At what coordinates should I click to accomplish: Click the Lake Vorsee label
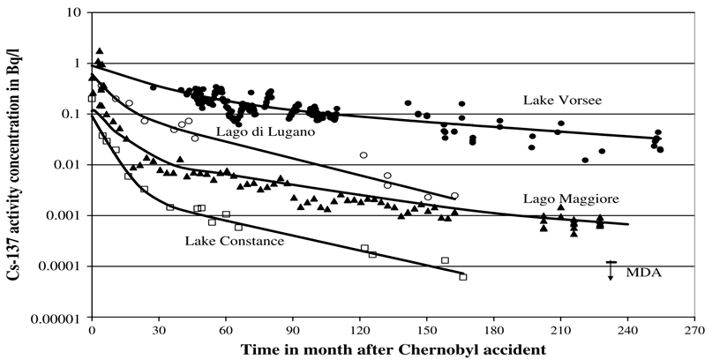[561, 100]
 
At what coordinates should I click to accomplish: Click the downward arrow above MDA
[611, 270]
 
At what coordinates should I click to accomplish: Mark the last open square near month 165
[463, 277]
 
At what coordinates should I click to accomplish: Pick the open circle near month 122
[363, 155]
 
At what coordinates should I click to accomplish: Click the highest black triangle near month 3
[100, 51]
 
